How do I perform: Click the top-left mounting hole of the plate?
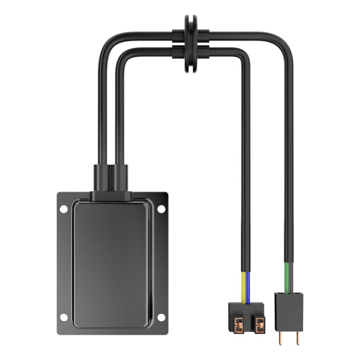tap(64, 209)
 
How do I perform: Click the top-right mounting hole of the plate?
tap(161, 209)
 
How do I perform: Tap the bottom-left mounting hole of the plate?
tap(64, 317)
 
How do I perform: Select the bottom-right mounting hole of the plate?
tap(161, 317)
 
